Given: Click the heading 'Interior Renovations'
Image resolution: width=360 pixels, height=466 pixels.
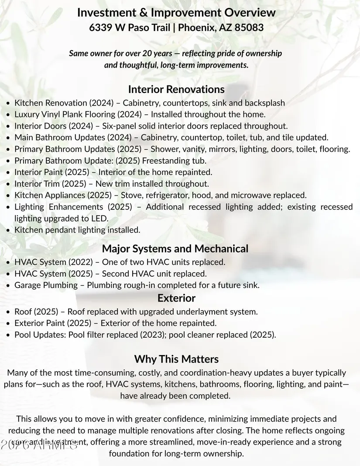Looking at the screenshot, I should pos(176,89).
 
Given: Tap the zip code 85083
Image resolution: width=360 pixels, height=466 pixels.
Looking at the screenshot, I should pos(249,27).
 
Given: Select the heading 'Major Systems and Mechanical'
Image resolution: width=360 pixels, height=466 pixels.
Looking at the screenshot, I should pos(175,249).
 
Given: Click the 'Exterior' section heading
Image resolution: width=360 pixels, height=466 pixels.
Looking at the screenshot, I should pos(176,298).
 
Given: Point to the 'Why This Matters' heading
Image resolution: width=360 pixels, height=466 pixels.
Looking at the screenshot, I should pos(176,359).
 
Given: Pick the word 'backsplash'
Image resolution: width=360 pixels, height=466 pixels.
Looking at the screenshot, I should pos(265,103).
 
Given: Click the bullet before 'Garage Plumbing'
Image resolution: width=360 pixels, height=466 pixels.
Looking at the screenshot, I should pos(9,286).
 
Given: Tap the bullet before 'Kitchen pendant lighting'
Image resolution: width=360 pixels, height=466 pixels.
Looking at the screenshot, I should pos(9,230).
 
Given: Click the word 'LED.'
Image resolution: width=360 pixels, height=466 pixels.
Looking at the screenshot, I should pos(99,218).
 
